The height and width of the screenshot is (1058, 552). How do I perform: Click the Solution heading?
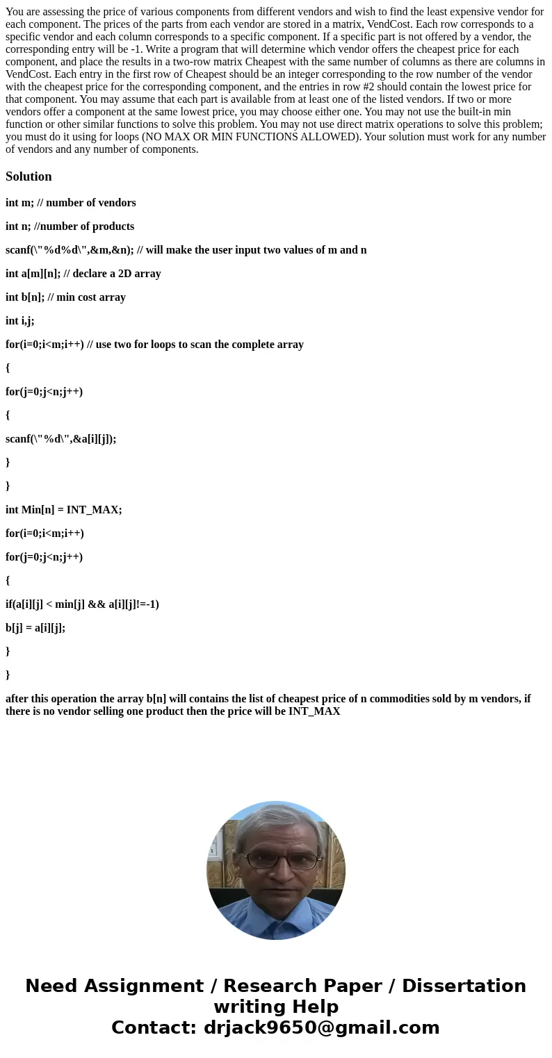pyautogui.click(x=29, y=176)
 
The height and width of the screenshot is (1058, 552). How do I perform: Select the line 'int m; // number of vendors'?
pyautogui.click(x=71, y=203)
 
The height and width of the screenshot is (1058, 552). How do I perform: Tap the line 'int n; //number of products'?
pyautogui.click(x=70, y=226)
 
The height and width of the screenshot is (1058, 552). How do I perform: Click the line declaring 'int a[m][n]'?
pyautogui.click(x=83, y=274)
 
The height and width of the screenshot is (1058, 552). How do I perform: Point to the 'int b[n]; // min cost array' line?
pyautogui.click(x=65, y=297)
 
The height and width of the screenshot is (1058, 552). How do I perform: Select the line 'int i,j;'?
pyautogui.click(x=19, y=321)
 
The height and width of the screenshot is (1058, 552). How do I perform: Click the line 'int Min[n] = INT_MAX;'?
pyautogui.click(x=64, y=510)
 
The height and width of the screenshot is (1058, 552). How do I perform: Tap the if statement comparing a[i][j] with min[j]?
pyautogui.click(x=82, y=604)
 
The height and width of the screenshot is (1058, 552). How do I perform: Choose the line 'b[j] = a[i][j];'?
pyautogui.click(x=35, y=628)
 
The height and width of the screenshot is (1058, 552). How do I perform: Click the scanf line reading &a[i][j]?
pyautogui.click(x=61, y=439)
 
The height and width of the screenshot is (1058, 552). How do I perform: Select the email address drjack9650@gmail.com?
pyautogui.click(x=322, y=1028)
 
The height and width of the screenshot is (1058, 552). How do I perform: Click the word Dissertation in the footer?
pyautogui.click(x=464, y=986)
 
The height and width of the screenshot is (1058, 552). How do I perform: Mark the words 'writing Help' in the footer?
pyautogui.click(x=276, y=1007)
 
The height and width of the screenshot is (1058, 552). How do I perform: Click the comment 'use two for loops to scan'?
pyautogui.click(x=195, y=345)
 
